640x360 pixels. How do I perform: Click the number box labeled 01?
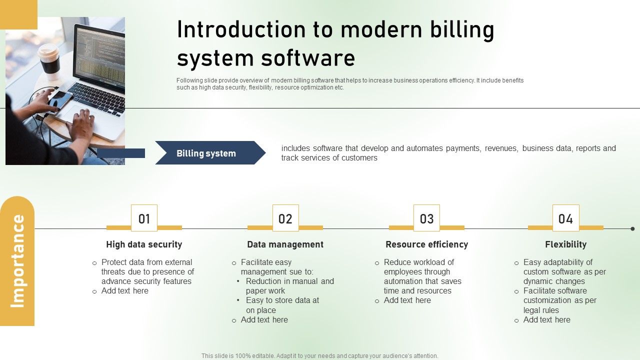point(144,218)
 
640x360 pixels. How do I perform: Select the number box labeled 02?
point(285,218)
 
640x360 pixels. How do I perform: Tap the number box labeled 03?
point(426,218)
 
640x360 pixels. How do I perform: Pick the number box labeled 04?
point(565,218)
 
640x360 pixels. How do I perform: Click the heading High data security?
point(144,244)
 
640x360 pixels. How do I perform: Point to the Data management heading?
point(285,244)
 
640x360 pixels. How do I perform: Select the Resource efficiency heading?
point(426,244)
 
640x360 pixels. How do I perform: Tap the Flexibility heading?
point(565,244)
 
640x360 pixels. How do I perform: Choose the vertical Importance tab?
point(17,261)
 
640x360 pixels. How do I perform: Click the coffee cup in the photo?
point(49,59)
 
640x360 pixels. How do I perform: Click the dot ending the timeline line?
point(632,228)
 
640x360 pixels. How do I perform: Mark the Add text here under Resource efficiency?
point(407,300)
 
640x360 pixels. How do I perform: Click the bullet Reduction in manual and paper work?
point(289,286)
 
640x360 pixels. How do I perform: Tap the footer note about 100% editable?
point(320,356)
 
